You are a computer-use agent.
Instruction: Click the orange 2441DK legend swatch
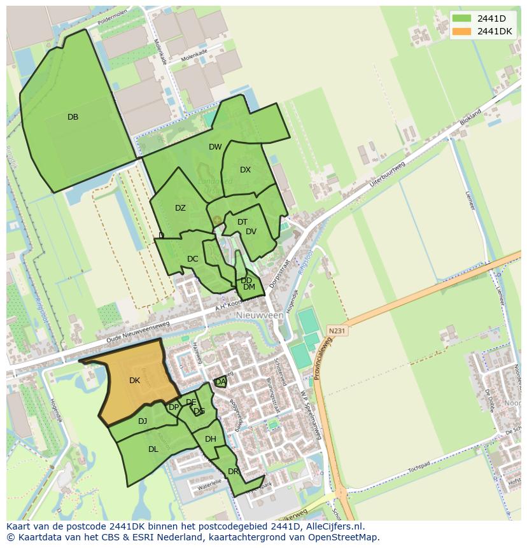coord(463,31)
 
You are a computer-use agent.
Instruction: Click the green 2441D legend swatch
coord(463,18)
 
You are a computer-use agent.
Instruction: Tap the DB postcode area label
coord(73,117)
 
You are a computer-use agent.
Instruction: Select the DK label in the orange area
coord(134,381)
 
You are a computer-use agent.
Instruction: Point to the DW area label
coord(215,147)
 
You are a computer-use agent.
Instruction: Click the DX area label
coord(246,170)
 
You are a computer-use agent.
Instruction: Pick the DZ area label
coord(180,208)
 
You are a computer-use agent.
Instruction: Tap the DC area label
coord(193,259)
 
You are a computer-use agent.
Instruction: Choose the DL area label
coord(153,449)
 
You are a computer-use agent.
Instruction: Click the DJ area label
coord(143,421)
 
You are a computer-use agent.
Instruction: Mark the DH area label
coord(211,439)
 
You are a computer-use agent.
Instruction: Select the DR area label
coord(233,472)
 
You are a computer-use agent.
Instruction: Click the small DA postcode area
coord(220,382)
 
